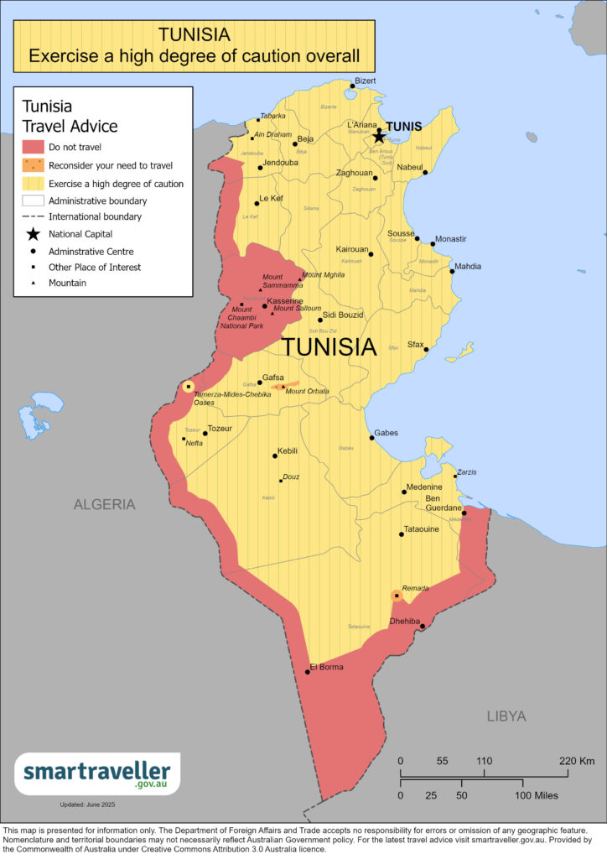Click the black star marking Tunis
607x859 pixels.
(x=379, y=136)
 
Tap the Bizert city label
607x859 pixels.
(x=366, y=81)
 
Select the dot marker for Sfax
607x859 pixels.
(x=425, y=349)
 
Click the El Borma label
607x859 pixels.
(x=326, y=667)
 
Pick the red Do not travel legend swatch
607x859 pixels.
(x=33, y=147)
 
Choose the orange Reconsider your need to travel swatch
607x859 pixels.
(x=33, y=165)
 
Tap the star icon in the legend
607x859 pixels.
(x=33, y=233)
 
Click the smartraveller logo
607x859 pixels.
(x=97, y=773)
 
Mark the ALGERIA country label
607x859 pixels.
(x=104, y=504)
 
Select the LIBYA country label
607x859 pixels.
(x=506, y=716)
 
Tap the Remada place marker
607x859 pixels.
(x=397, y=596)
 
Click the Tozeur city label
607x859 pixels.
(x=219, y=429)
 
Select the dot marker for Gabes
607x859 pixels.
(x=372, y=437)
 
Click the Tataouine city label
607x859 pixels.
(x=421, y=530)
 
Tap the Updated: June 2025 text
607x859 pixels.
(x=87, y=804)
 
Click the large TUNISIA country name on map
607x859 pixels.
(x=328, y=346)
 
